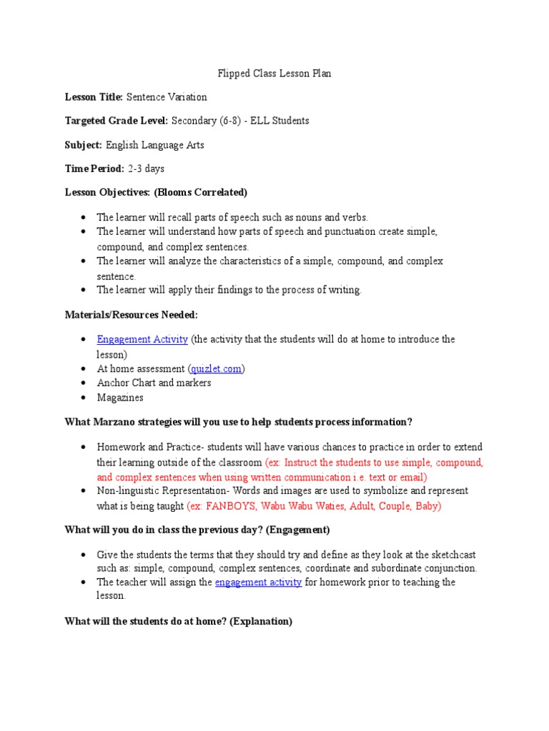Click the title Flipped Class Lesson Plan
pos(274,74)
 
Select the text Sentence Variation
pos(167,97)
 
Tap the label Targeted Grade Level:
pos(117,121)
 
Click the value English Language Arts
pos(155,145)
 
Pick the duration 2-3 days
pos(147,168)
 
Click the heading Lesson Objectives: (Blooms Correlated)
pos(156,193)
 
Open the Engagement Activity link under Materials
pos(142,339)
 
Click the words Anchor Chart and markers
pos(154,383)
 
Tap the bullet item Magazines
pos(120,398)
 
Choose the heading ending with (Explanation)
pos(179,621)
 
